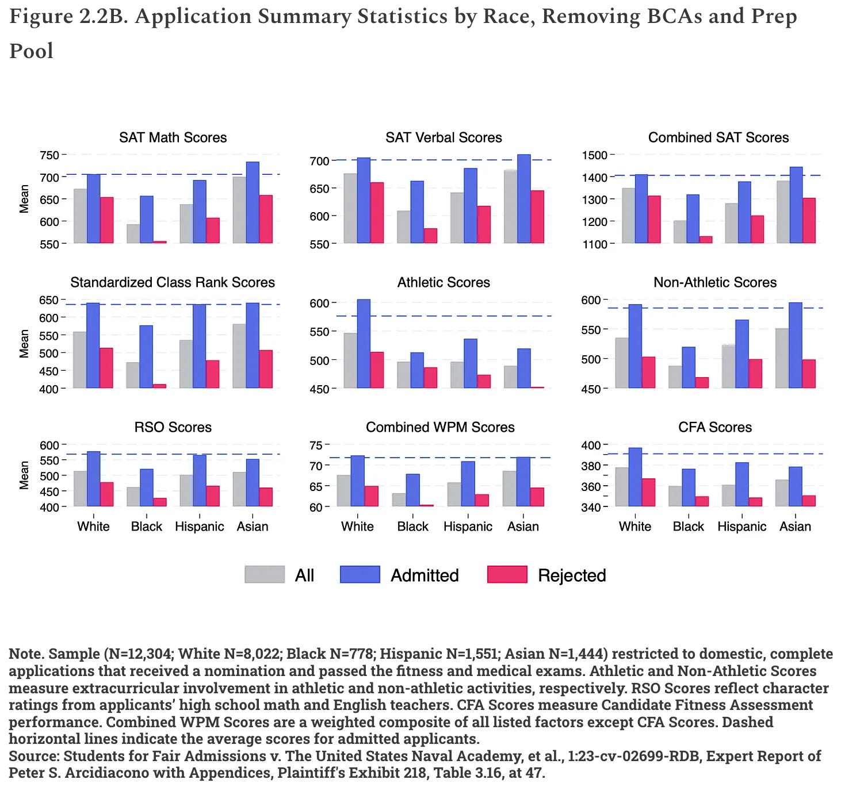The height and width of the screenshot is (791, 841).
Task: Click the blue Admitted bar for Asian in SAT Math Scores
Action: (253, 202)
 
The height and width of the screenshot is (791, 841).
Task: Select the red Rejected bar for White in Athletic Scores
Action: (377, 370)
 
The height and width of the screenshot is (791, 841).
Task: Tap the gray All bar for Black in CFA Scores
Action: (675, 496)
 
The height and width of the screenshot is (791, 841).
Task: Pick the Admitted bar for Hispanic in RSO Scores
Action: (200, 481)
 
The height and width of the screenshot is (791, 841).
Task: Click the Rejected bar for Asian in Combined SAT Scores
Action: (808, 220)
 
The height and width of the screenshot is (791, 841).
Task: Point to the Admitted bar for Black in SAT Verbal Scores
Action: (417, 212)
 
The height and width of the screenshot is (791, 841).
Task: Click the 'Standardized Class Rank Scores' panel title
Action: (173, 282)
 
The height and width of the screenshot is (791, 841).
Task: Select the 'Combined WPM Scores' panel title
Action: (440, 427)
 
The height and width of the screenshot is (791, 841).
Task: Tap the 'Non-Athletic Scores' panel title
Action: (715, 282)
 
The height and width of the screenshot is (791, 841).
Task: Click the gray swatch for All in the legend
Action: (265, 575)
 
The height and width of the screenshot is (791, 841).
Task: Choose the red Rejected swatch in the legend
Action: (507, 575)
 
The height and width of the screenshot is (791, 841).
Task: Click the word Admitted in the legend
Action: (425, 575)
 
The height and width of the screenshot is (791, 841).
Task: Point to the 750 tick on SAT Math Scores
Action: (49, 155)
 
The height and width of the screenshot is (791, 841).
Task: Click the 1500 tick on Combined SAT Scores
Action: (595, 155)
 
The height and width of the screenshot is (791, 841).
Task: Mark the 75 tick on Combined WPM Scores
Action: (316, 445)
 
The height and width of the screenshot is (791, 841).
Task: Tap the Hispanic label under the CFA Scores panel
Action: (741, 527)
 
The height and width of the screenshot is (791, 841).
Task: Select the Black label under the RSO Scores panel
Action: (147, 527)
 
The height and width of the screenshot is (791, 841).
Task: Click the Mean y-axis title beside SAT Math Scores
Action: (24, 199)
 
